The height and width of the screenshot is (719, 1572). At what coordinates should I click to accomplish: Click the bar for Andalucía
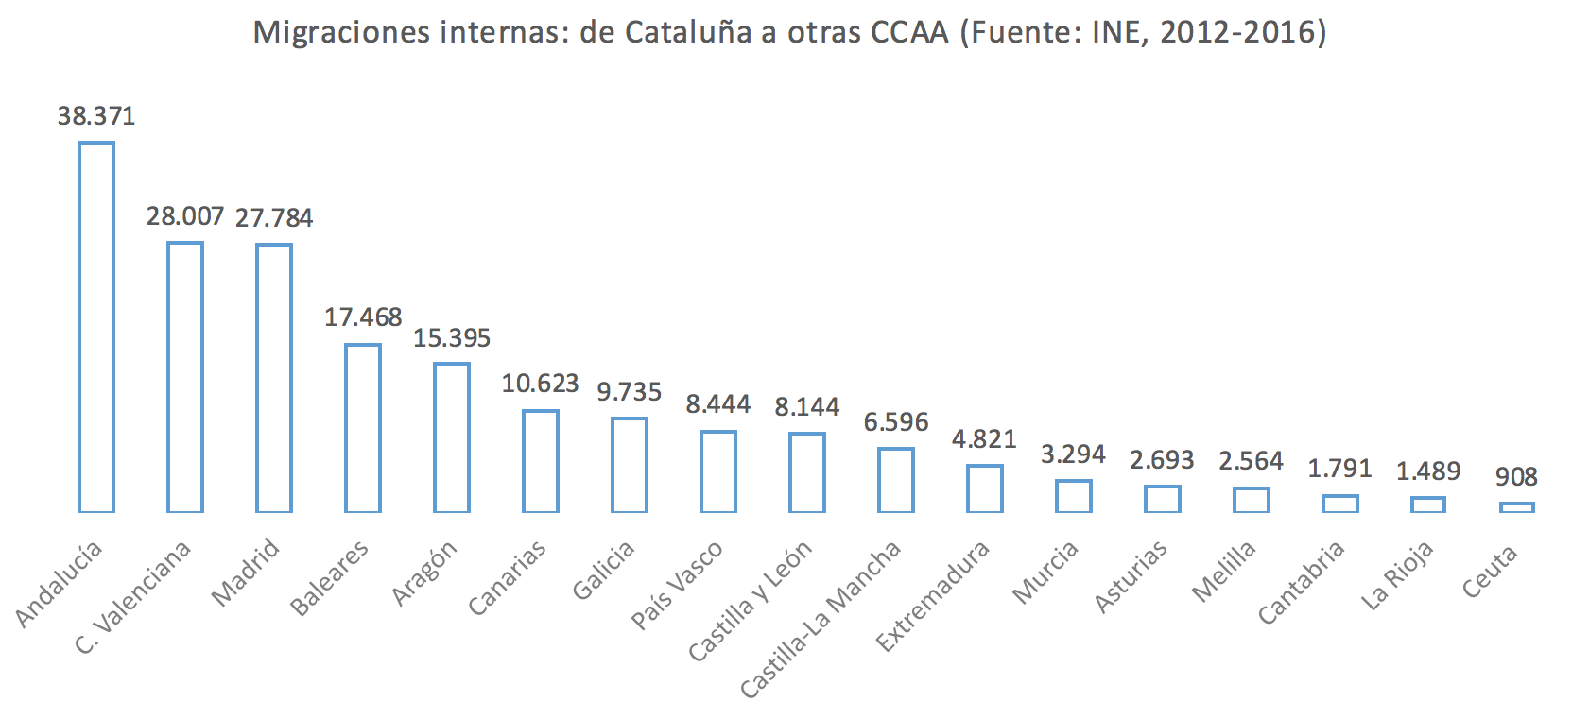coord(96,327)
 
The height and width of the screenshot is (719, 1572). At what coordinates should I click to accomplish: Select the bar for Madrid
coord(274,378)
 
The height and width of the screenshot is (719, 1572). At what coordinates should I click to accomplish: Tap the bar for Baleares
coord(363,428)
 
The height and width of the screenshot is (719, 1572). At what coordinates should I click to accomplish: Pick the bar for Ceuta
coord(1516,507)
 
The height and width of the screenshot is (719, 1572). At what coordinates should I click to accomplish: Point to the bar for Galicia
coord(630,465)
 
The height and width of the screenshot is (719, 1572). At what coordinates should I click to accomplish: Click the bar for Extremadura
coord(984,488)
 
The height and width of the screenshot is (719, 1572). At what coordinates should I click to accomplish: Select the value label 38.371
coord(96,116)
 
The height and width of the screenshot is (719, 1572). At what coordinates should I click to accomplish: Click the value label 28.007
coord(184,216)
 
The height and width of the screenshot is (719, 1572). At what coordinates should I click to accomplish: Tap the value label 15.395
coord(452,338)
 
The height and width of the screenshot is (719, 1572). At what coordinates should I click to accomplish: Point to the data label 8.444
coord(718,404)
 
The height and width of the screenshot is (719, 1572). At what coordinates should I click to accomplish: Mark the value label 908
coord(1516,477)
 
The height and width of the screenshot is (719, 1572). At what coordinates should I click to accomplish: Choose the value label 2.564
coord(1251,461)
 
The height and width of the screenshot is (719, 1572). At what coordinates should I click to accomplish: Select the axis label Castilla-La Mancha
coord(821,620)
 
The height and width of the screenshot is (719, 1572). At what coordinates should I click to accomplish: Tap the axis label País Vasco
coord(677,585)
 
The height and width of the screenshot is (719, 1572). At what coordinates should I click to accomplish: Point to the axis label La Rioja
coord(1397,575)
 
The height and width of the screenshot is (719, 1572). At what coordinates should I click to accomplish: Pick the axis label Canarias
coord(508,578)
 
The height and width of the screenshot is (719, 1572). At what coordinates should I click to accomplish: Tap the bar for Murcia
coord(1073,496)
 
